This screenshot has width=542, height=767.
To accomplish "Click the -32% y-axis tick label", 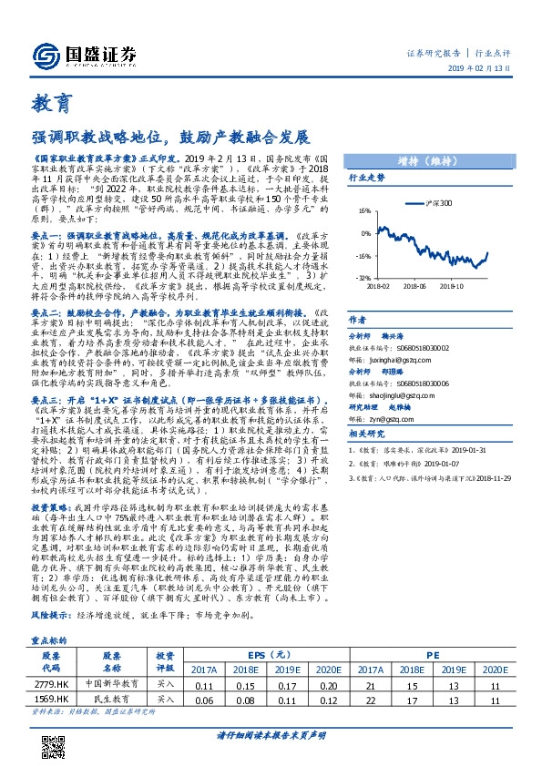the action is [363, 277].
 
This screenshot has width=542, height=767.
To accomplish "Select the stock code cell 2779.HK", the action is [51, 658].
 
